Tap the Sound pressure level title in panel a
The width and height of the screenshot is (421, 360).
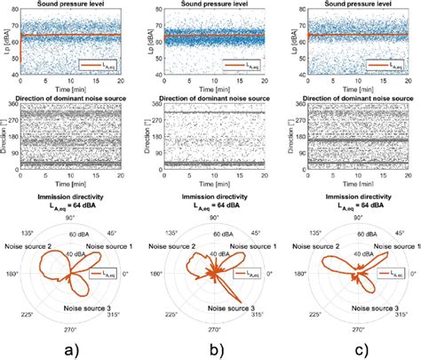(x=73, y=5)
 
